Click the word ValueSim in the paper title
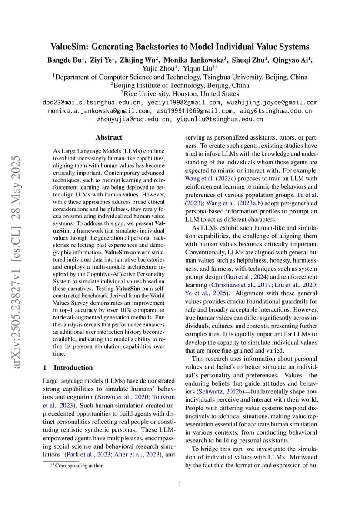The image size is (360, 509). [x=68, y=47]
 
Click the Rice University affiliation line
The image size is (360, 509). [x=180, y=93]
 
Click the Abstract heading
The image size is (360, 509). [x=109, y=137]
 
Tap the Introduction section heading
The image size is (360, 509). [x=73, y=367]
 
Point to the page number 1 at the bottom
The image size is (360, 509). [x=180, y=483]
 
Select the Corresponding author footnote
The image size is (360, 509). [x=79, y=466]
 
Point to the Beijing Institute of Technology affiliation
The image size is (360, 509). [x=180, y=85]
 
